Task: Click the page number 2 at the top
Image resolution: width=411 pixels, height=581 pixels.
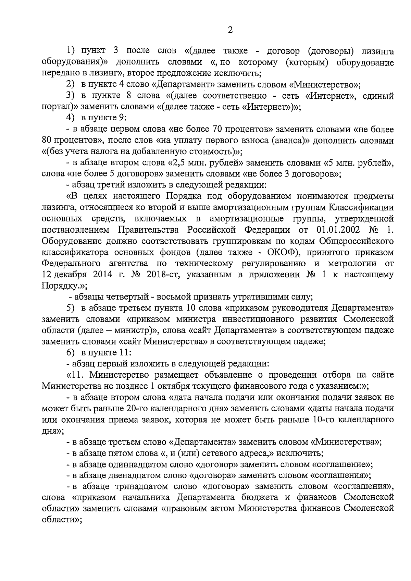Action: [x=230, y=30]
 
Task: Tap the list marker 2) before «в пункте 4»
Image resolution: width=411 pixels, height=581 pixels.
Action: [x=70, y=84]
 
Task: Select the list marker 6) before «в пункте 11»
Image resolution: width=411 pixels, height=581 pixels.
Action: [x=70, y=352]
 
